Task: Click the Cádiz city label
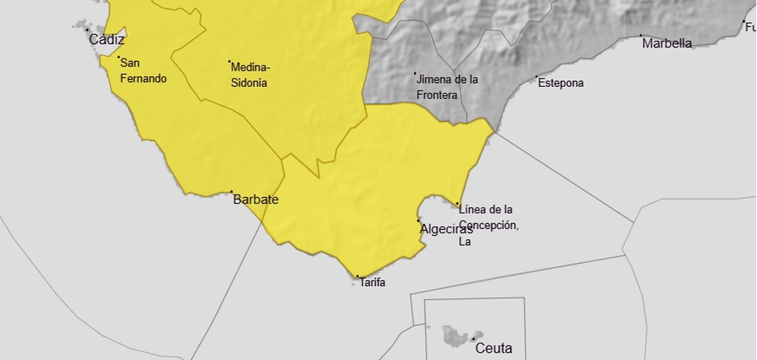tap(106, 39)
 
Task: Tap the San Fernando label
tap(143, 70)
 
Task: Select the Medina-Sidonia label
tap(250, 75)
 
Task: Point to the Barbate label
tap(255, 200)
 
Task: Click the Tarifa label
tap(372, 282)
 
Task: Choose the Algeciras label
tap(446, 230)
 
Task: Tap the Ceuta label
tap(493, 349)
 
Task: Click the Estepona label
tap(561, 83)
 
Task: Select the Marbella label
tap(667, 44)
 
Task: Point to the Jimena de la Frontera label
tap(447, 87)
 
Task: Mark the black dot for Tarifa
tap(357, 276)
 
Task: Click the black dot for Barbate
tap(231, 192)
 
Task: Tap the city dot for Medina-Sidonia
tap(229, 61)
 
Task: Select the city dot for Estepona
tap(537, 77)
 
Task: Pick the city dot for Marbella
tap(641, 35)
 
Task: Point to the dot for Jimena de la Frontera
tap(415, 73)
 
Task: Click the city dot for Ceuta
tap(473, 339)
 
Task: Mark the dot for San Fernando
tap(118, 57)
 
